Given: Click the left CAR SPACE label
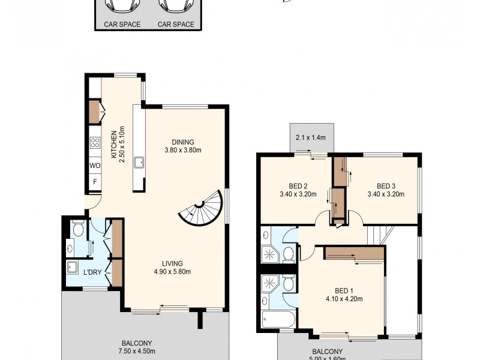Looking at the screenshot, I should tap(122, 25).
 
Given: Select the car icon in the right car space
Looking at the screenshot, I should tap(176, 5).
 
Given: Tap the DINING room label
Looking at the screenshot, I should tap(182, 142).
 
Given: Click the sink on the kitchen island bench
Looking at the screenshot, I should tap(139, 162).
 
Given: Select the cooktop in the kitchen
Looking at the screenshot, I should tap(95, 143).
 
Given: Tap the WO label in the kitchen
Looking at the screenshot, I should tap(95, 165).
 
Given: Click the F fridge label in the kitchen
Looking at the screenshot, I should tap(95, 181).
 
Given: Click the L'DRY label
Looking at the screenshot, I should tap(92, 272).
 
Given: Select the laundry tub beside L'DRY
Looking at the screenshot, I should tap(72, 266).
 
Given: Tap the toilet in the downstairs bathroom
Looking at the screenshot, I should tap(77, 228).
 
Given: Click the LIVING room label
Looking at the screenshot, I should tap(172, 263).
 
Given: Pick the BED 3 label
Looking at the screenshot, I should tap(386, 185).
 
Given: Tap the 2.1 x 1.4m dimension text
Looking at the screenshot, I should tap(311, 137).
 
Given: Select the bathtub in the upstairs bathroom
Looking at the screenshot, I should tap(278, 320).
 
